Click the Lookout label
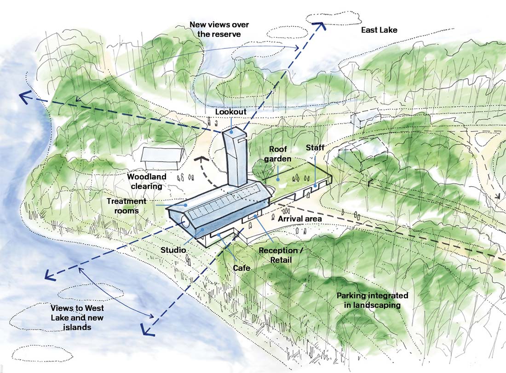[x=231, y=112]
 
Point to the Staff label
[x=316, y=148]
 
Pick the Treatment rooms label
[x=126, y=205]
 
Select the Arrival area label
[x=300, y=218]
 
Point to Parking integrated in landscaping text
[x=372, y=300]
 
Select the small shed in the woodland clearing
[x=160, y=158]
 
